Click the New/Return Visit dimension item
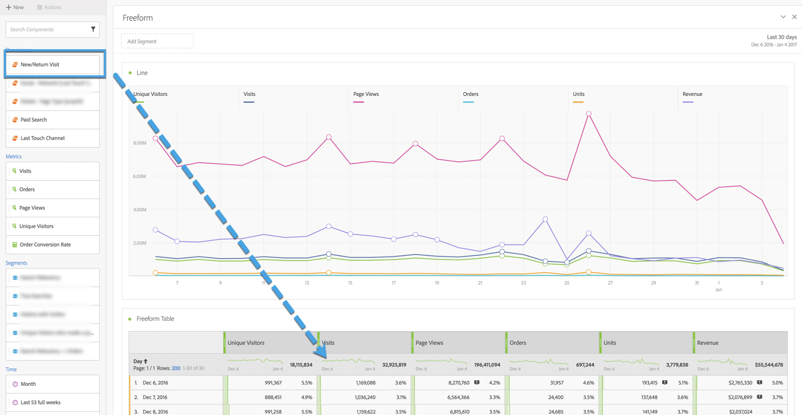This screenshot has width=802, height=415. point(40,64)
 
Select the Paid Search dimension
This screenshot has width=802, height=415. point(34,120)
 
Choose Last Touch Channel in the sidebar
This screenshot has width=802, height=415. point(43,138)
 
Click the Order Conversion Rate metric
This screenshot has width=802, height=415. point(45,245)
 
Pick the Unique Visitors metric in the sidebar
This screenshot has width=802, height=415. point(36,226)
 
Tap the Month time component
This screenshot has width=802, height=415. point(28,384)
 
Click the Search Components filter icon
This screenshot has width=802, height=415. point(93,30)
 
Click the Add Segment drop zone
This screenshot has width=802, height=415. point(157,41)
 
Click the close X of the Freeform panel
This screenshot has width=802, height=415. point(794,17)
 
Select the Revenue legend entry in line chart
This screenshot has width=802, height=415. point(692,94)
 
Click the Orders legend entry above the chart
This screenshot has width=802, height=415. point(470,94)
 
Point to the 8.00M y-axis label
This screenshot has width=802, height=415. point(140,143)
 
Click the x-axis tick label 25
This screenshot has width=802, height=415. point(566,283)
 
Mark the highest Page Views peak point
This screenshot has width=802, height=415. point(588,114)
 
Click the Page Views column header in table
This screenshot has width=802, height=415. point(430,343)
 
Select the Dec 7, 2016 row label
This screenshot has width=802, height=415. point(155,397)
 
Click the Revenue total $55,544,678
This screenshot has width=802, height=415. point(768,365)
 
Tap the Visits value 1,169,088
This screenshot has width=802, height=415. point(365,383)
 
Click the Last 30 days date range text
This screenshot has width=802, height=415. point(781,37)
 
